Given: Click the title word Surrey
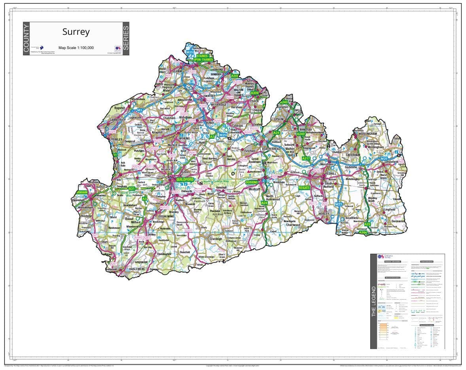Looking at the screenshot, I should [76, 32].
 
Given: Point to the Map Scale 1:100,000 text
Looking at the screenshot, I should [76, 48].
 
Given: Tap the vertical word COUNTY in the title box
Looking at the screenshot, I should [27, 38].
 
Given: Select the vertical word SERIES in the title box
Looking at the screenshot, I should [126, 38].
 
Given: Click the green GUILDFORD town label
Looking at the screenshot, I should [183, 179].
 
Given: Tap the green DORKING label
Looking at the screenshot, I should [252, 182].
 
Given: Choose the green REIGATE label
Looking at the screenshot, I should [304, 188].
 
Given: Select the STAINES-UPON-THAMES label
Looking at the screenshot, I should [205, 58].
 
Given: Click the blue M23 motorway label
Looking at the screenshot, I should [339, 204].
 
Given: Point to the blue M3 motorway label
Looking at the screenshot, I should [139, 110].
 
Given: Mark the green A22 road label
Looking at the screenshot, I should [367, 224].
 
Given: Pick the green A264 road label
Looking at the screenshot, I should [363, 232].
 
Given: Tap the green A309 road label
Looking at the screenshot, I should [254, 93].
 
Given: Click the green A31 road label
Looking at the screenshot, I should [132, 189].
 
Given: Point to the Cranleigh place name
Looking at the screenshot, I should [216, 239].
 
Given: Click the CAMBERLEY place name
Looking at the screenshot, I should [118, 119].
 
